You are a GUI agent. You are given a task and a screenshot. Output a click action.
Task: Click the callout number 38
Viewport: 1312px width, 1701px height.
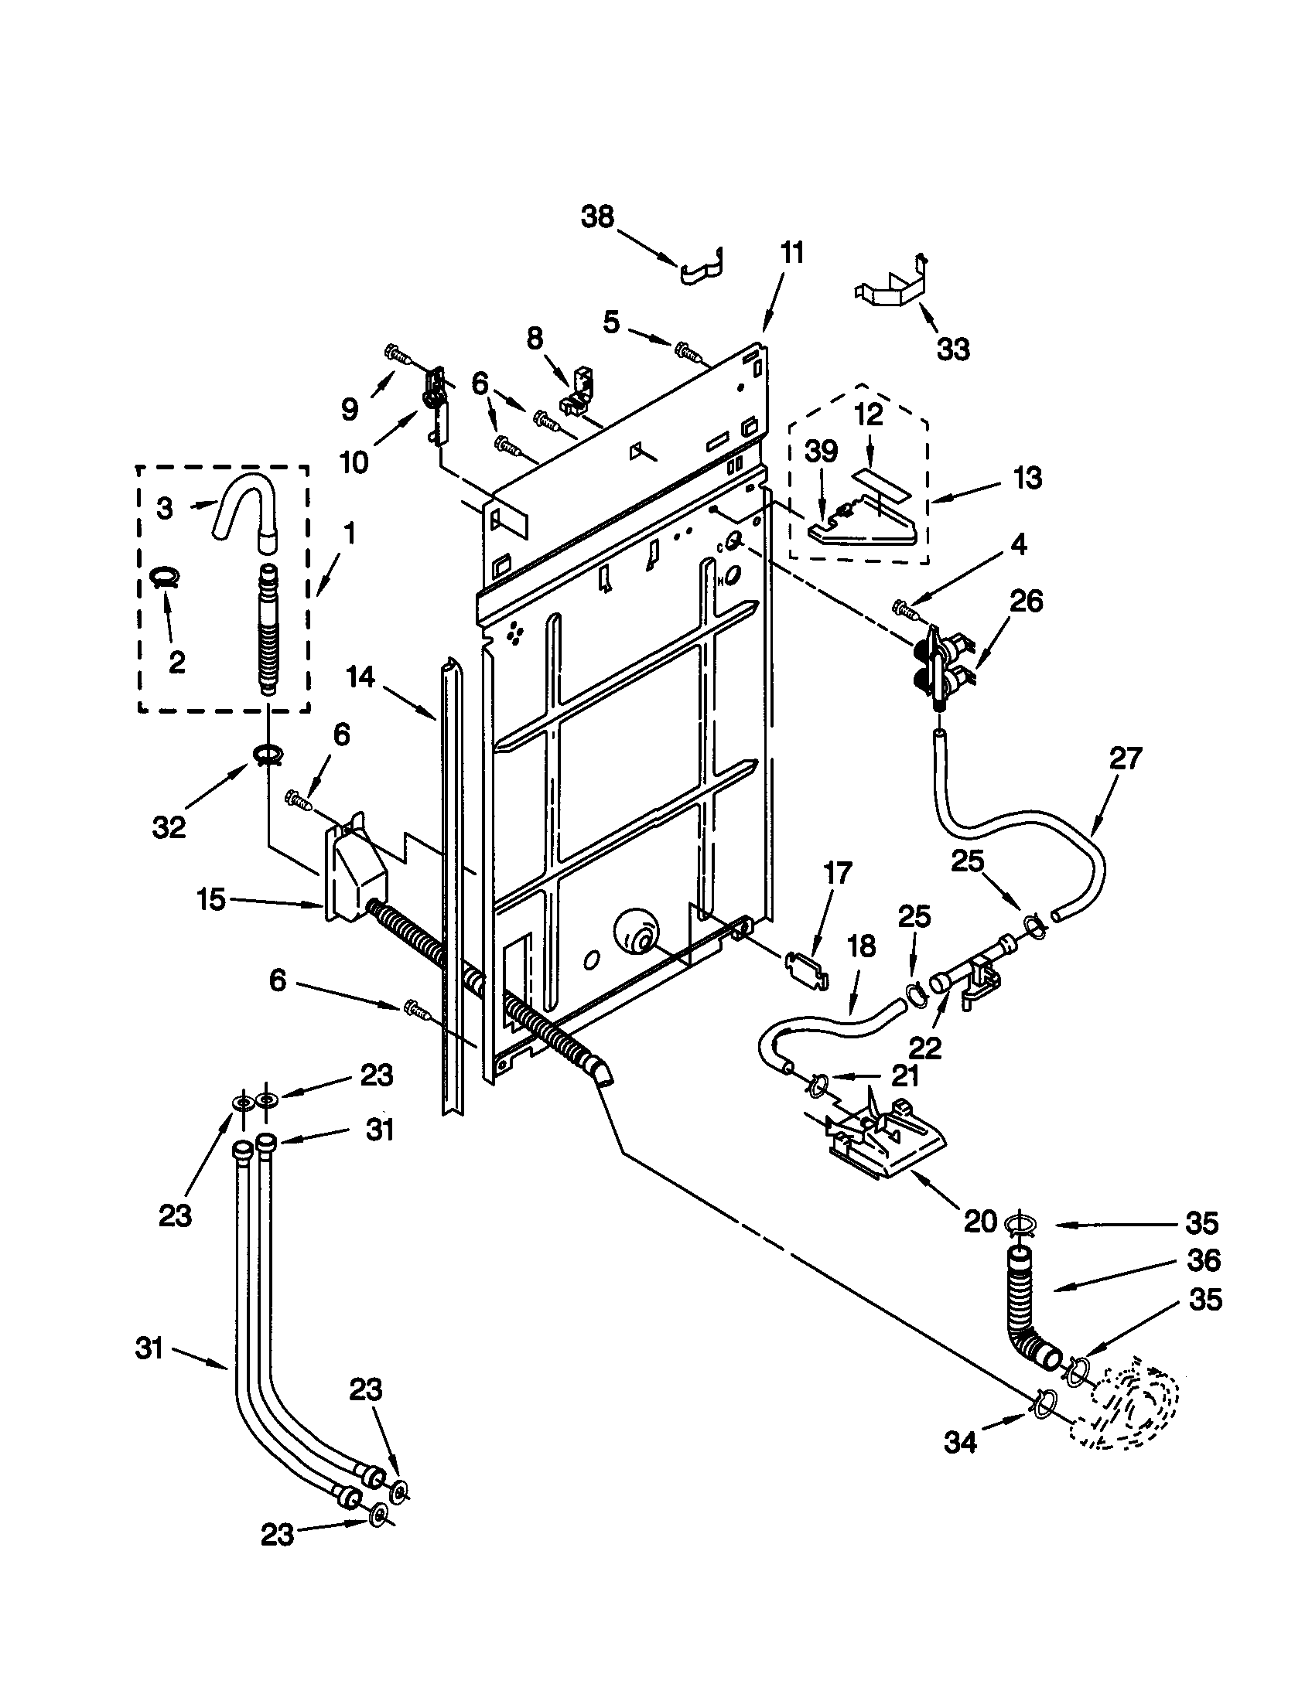click(597, 216)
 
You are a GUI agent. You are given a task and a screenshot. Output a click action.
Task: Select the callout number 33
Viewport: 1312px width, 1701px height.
click(953, 349)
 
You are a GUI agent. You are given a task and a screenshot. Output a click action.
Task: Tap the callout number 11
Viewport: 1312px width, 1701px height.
click(791, 253)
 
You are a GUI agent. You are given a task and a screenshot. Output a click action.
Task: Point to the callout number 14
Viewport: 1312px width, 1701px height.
click(360, 677)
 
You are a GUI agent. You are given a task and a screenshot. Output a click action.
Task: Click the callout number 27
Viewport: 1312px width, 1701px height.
click(1125, 758)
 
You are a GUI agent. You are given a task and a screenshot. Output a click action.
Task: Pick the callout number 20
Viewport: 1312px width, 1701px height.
click(980, 1221)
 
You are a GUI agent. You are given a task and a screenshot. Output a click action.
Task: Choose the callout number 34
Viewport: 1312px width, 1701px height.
click(960, 1444)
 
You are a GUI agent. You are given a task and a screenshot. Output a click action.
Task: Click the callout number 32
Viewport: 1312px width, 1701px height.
click(169, 828)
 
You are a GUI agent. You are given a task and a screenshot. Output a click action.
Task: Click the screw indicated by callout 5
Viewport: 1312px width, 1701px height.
click(688, 352)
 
